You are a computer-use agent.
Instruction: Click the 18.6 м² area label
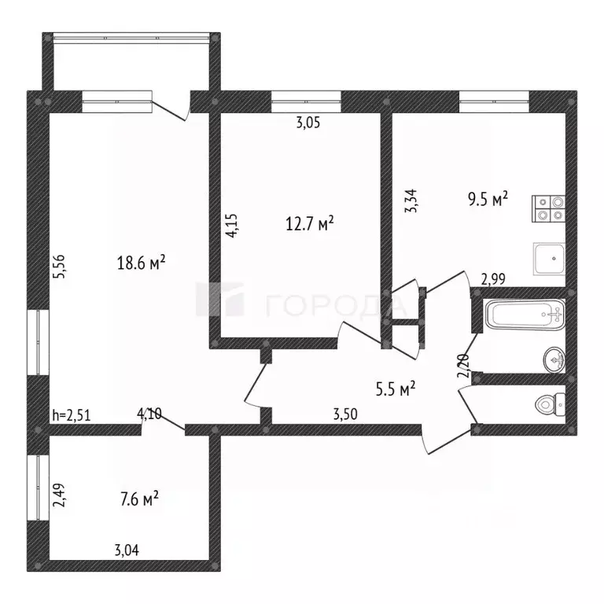tap(141, 263)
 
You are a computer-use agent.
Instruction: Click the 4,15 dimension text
tap(230, 226)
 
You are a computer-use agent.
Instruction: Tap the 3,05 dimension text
tap(308, 123)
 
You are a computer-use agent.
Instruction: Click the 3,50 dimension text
tap(347, 414)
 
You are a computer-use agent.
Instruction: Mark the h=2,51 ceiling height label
tap(72, 415)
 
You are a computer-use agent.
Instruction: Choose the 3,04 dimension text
tap(129, 551)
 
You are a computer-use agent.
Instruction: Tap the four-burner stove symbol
tap(549, 206)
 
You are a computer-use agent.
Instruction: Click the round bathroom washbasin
tap(554, 360)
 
